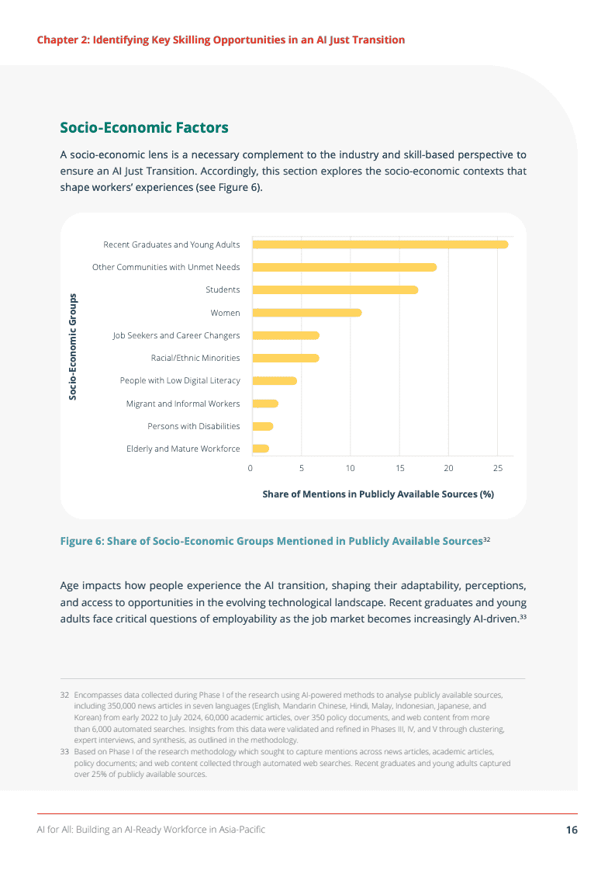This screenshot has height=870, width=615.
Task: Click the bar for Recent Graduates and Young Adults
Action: [380, 244]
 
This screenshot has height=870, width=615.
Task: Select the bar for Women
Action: [306, 313]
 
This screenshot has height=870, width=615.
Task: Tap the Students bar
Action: [334, 289]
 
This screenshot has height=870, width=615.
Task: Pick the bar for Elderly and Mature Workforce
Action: [260, 449]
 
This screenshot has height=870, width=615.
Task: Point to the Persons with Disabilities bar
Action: [262, 426]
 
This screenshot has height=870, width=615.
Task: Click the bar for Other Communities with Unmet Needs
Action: [344, 267]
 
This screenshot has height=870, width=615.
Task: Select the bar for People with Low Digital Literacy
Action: [274, 380]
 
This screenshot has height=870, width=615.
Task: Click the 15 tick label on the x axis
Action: [399, 468]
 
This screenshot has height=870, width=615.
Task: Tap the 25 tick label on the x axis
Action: [498, 468]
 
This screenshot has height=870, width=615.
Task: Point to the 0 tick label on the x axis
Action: [250, 468]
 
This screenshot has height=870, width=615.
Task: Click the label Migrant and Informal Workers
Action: [183, 404]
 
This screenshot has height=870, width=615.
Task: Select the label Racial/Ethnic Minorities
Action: [195, 358]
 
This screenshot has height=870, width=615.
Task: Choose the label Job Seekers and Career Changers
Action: [176, 335]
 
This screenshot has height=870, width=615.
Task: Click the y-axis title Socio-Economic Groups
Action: [73, 346]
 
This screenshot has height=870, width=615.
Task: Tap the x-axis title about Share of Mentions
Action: [378, 494]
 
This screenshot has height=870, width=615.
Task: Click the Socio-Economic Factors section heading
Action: [144, 127]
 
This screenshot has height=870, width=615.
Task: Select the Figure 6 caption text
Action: [271, 541]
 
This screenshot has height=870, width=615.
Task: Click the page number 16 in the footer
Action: [572, 830]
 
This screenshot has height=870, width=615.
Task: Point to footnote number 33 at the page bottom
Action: [65, 752]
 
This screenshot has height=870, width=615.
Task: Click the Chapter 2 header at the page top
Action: [221, 40]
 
